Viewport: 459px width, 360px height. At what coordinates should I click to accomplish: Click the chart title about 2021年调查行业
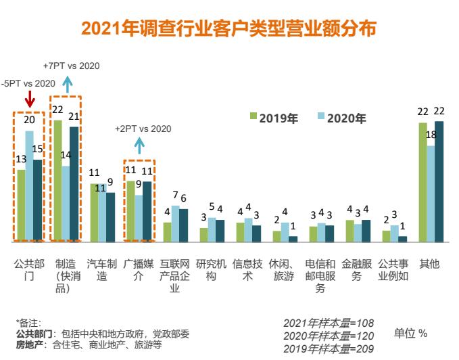click(x=228, y=28)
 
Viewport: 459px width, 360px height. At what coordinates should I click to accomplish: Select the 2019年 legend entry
click(x=274, y=118)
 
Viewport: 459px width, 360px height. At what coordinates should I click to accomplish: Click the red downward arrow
click(x=29, y=100)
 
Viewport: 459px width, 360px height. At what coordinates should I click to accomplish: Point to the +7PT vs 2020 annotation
click(x=71, y=66)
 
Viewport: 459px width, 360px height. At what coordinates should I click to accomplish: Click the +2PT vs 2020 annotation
click(x=143, y=129)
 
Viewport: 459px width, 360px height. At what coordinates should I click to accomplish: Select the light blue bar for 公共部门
click(x=29, y=186)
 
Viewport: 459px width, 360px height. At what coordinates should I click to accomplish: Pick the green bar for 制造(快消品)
click(x=57, y=181)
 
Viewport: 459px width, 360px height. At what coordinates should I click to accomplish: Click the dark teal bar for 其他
click(x=439, y=181)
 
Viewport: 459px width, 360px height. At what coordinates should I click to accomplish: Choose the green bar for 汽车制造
click(x=95, y=212)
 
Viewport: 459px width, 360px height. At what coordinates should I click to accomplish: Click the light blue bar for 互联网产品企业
click(x=175, y=223)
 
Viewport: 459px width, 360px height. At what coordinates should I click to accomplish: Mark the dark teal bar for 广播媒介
click(x=147, y=212)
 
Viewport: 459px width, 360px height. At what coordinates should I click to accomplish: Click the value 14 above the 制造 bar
click(x=66, y=155)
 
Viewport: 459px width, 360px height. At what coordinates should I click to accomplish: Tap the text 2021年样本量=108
click(x=329, y=323)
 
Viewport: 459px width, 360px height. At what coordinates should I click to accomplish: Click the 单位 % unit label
click(x=410, y=334)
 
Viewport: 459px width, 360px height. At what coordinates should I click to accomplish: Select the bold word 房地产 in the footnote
click(x=29, y=344)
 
